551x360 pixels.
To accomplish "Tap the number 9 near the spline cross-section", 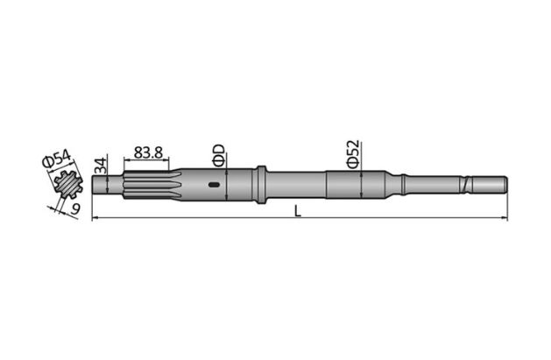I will (74, 208).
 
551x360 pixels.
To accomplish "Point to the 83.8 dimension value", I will (148, 152).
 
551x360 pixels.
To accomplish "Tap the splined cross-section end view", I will (65, 185).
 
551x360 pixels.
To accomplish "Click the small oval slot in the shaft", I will (213, 184).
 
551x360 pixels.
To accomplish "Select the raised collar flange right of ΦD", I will (260, 184).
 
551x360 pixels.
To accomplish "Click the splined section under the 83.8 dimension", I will (149, 184).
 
